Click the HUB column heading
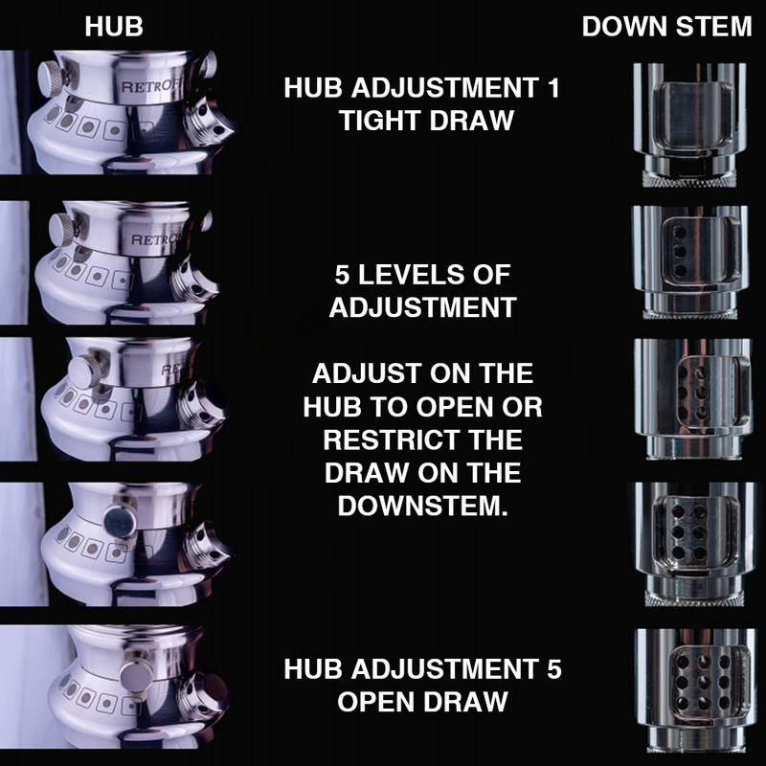pyautogui.click(x=114, y=27)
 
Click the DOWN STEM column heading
pyautogui.click(x=666, y=27)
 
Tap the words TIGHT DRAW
pyautogui.click(x=422, y=122)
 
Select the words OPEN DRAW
pyautogui.click(x=422, y=701)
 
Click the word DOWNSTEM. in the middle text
pyautogui.click(x=422, y=506)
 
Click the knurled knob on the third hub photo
pyautogui.click(x=85, y=370)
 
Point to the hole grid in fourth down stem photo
pyautogui.click(x=687, y=538)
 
